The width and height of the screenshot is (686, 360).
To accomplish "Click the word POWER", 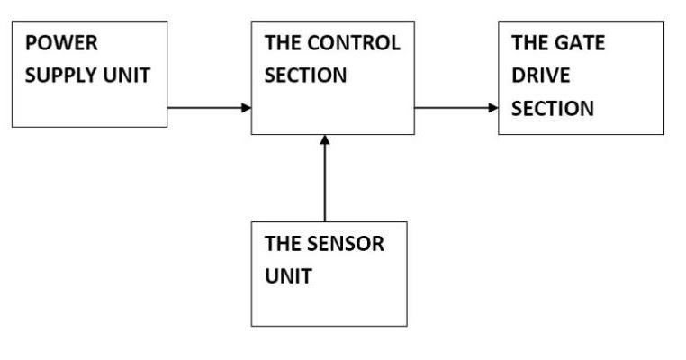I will pyautogui.click(x=61, y=44).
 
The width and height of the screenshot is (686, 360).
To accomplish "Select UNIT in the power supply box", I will pyautogui.click(x=127, y=76).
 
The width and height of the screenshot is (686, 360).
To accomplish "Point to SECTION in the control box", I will pyautogui.click(x=305, y=76).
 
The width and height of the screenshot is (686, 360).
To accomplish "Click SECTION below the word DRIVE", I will pyautogui.click(x=553, y=108).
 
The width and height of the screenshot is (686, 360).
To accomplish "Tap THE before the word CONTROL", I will pyautogui.click(x=283, y=44).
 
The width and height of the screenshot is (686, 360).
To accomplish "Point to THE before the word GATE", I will pyautogui.click(x=529, y=44).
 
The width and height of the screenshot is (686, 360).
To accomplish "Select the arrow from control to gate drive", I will pyautogui.click(x=454, y=108).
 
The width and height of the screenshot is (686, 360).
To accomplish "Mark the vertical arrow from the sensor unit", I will pyautogui.click(x=326, y=180).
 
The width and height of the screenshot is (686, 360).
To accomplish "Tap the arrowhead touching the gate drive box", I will pyautogui.click(x=492, y=108).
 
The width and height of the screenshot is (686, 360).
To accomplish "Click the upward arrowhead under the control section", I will pyautogui.click(x=326, y=140).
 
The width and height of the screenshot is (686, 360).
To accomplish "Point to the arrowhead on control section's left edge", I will pyautogui.click(x=246, y=108).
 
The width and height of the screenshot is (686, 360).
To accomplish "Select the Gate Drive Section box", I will pyautogui.click(x=581, y=77).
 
